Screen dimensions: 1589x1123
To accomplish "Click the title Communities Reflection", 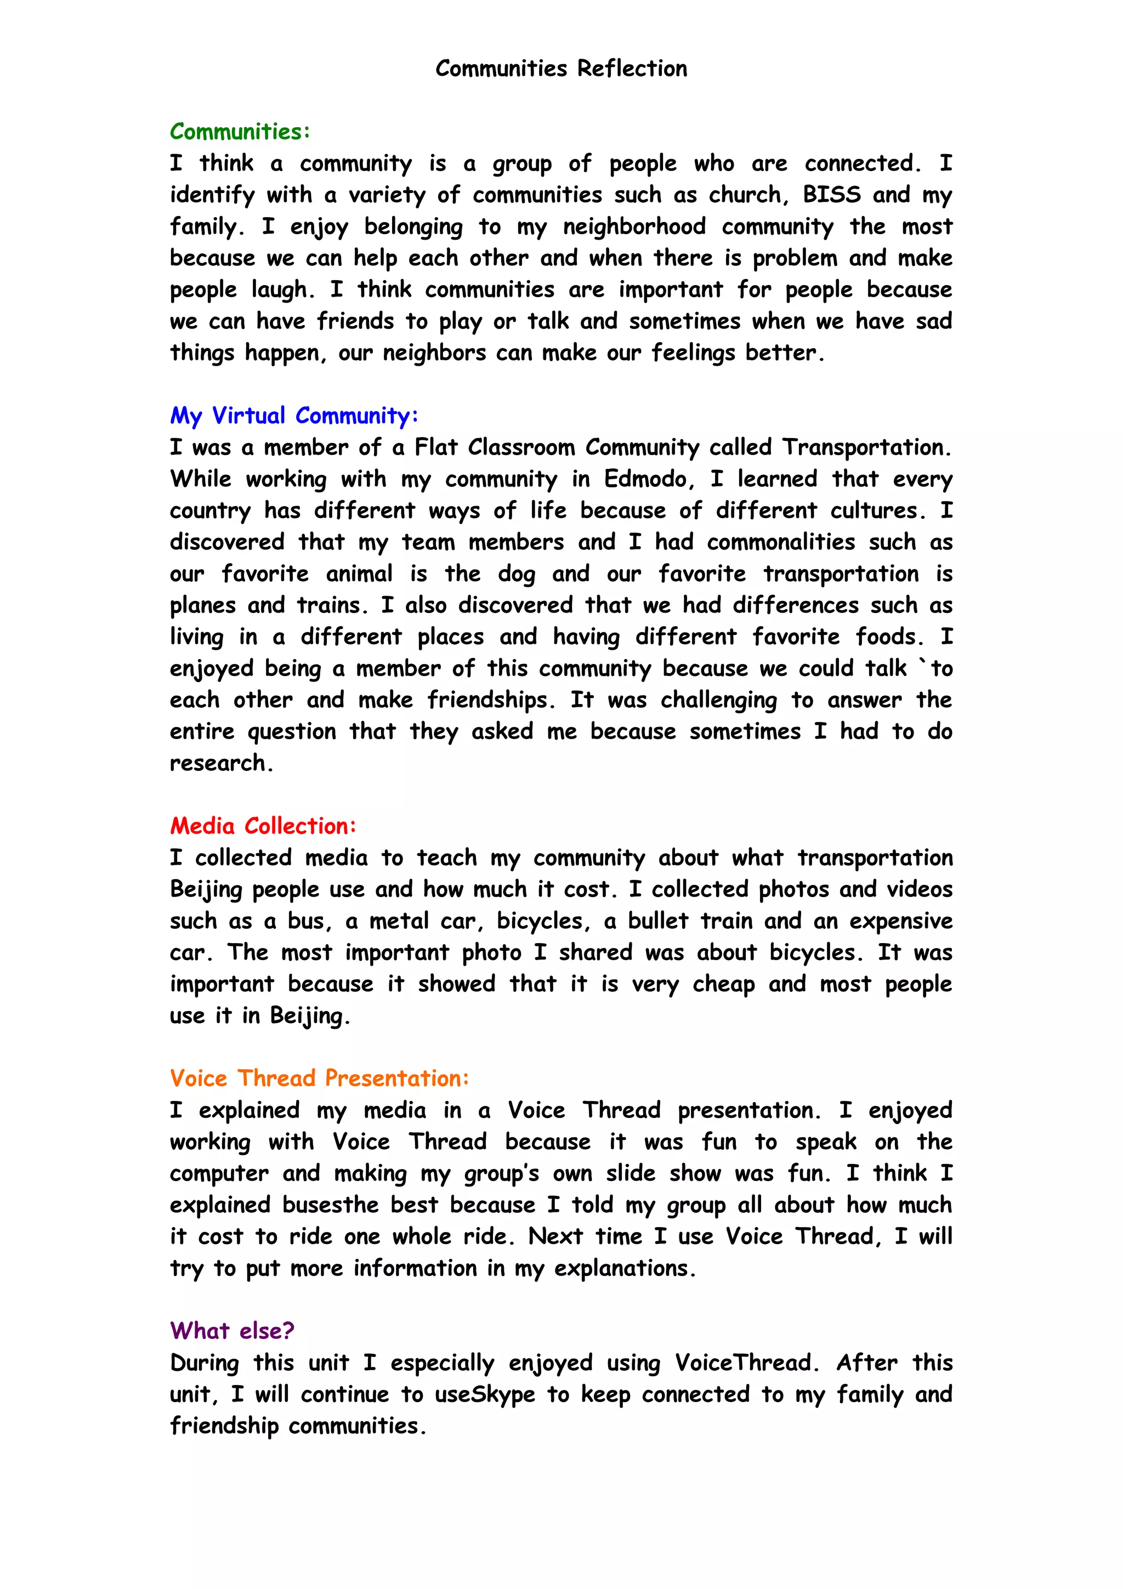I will coord(561,69).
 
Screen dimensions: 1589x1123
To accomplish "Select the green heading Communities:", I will coord(240,132).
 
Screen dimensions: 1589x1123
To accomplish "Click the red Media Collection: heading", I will coord(263,826).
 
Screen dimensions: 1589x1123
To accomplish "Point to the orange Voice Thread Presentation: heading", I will coord(320,1077).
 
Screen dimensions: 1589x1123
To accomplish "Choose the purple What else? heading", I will coord(232,1330).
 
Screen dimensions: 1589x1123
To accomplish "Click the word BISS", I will coord(832,195).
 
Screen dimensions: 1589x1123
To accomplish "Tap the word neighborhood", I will coord(634,226).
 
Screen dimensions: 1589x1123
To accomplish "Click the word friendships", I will coord(491,700).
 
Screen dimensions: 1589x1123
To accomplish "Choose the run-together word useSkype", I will coord(484,1394).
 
